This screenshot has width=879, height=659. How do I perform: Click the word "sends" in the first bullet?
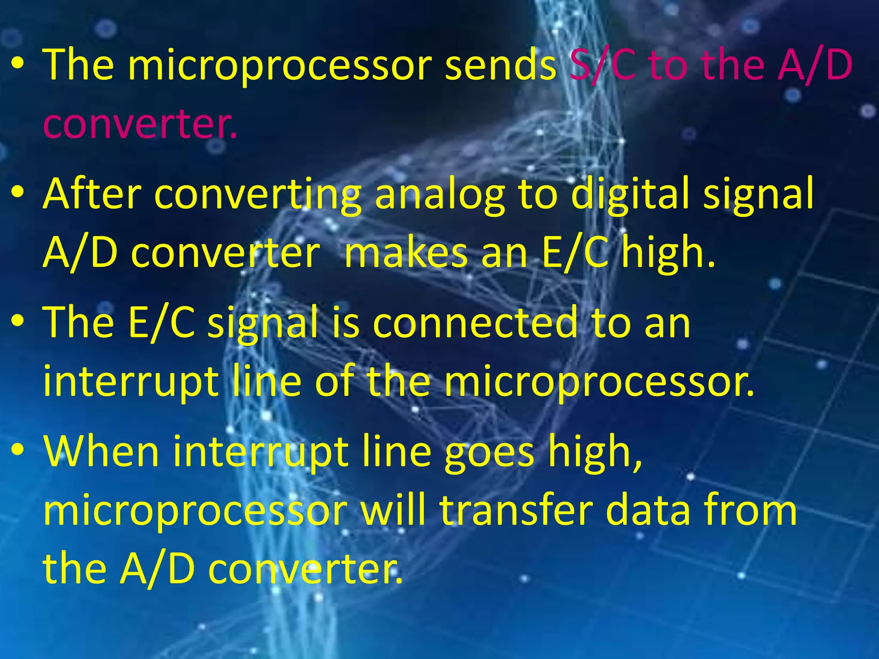pyautogui.click(x=500, y=65)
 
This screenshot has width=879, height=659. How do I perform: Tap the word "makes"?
pyautogui.click(x=406, y=253)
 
